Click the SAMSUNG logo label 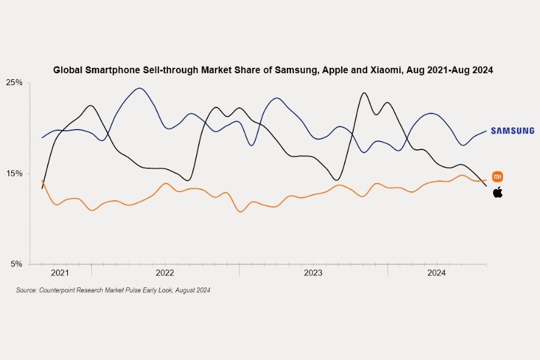coord(512,131)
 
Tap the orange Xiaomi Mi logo coord(497,176)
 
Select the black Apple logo coord(497,192)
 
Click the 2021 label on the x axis coord(60,273)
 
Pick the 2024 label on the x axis coord(436,273)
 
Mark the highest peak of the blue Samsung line coord(139,88)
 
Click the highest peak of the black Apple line coord(364,93)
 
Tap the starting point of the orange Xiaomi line coord(41,180)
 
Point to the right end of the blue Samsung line coord(486,131)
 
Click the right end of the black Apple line coord(486,186)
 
